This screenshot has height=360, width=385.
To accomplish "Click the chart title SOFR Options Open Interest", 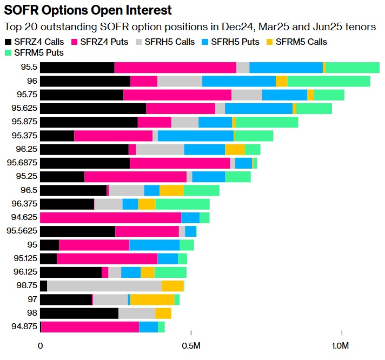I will [88, 10].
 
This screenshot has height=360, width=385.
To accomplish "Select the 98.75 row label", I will [25, 285].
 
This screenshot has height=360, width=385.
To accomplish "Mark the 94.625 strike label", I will [23, 217].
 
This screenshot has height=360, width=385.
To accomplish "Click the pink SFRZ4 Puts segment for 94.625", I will [110, 217].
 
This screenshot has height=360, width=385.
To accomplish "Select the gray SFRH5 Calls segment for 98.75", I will [104, 285].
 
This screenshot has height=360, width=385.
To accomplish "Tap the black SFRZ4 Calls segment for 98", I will [79, 313].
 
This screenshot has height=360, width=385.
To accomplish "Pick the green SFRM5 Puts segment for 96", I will [328, 81].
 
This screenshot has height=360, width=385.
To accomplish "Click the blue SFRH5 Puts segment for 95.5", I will [286, 68].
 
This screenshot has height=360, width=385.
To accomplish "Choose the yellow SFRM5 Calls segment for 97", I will [152, 299].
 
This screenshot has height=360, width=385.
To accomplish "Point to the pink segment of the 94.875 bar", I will [90, 326].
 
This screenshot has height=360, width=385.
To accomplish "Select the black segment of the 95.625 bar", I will [93, 108].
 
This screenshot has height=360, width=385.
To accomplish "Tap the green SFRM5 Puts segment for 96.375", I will [182, 204].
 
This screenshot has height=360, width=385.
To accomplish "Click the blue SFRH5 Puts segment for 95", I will [154, 245].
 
